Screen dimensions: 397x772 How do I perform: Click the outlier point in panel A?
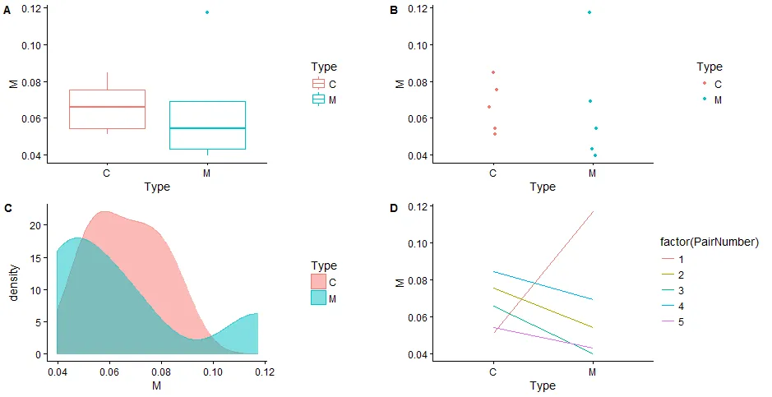tap(207, 12)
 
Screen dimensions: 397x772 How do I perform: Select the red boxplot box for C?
tap(107, 108)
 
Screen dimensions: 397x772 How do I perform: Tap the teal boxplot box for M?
tap(207, 125)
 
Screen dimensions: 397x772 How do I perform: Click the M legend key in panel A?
tap(318, 99)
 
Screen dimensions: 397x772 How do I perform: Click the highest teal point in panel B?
tap(589, 12)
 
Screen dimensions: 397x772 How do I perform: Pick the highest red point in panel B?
tap(493, 72)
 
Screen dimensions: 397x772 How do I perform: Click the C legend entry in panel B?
tap(711, 84)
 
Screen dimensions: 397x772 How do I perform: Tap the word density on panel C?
tap(14, 284)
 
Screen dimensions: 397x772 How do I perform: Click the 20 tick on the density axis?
tap(35, 225)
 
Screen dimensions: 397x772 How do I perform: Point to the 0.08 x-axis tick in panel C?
tap(160, 372)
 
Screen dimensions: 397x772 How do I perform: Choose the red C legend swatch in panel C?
tap(318, 282)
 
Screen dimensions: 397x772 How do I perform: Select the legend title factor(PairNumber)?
tap(709, 242)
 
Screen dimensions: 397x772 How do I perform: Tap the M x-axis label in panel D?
tap(593, 372)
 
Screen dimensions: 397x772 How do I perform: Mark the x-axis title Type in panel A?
tap(157, 187)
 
